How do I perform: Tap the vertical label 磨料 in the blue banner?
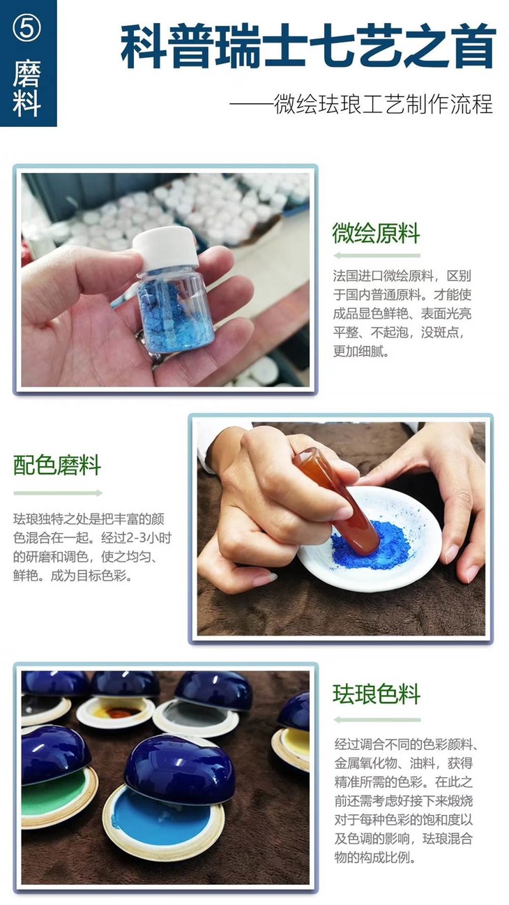click(27, 87)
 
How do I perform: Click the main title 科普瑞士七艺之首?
click(307, 47)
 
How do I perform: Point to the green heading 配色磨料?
click(57, 465)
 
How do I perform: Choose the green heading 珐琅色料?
click(377, 694)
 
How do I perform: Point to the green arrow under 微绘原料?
click(377, 255)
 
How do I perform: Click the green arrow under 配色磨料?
click(57, 493)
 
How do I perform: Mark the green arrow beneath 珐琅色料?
click(377, 719)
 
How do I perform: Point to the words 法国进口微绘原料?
click(374, 276)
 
